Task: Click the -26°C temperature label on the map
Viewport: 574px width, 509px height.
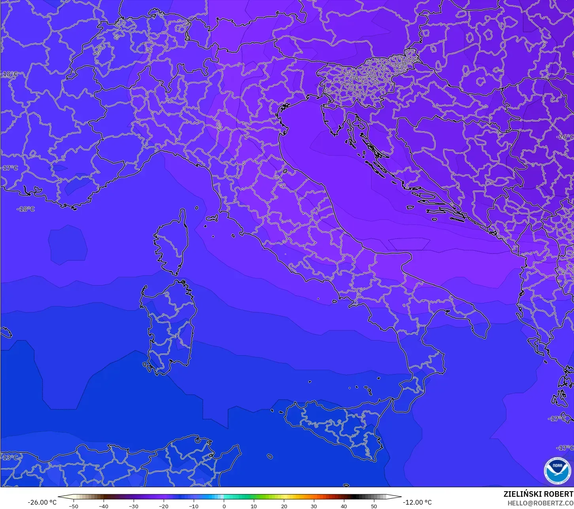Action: [566, 137]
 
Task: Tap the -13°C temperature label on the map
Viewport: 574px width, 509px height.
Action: [10, 458]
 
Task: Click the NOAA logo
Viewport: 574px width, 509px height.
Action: [557, 470]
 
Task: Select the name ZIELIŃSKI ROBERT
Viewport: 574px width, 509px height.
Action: [538, 494]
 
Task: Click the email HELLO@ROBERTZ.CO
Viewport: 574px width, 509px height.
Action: [540, 503]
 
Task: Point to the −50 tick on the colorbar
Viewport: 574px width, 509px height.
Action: [73, 506]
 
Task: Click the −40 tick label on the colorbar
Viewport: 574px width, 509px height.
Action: [103, 506]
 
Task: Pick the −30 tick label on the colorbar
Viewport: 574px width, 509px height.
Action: [133, 506]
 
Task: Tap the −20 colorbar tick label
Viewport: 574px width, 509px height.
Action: [163, 506]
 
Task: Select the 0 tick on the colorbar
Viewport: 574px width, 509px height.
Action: [224, 506]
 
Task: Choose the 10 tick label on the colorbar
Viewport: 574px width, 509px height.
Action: [254, 506]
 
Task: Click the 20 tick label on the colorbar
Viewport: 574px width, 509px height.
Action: [284, 506]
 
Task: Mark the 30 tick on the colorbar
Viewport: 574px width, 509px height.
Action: [314, 506]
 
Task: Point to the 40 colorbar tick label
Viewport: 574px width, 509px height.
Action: [344, 506]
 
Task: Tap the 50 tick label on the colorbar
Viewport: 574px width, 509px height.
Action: [374, 506]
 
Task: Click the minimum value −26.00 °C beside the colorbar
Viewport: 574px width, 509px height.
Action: [42, 502]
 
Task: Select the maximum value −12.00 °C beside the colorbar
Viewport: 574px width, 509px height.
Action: [417, 502]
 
